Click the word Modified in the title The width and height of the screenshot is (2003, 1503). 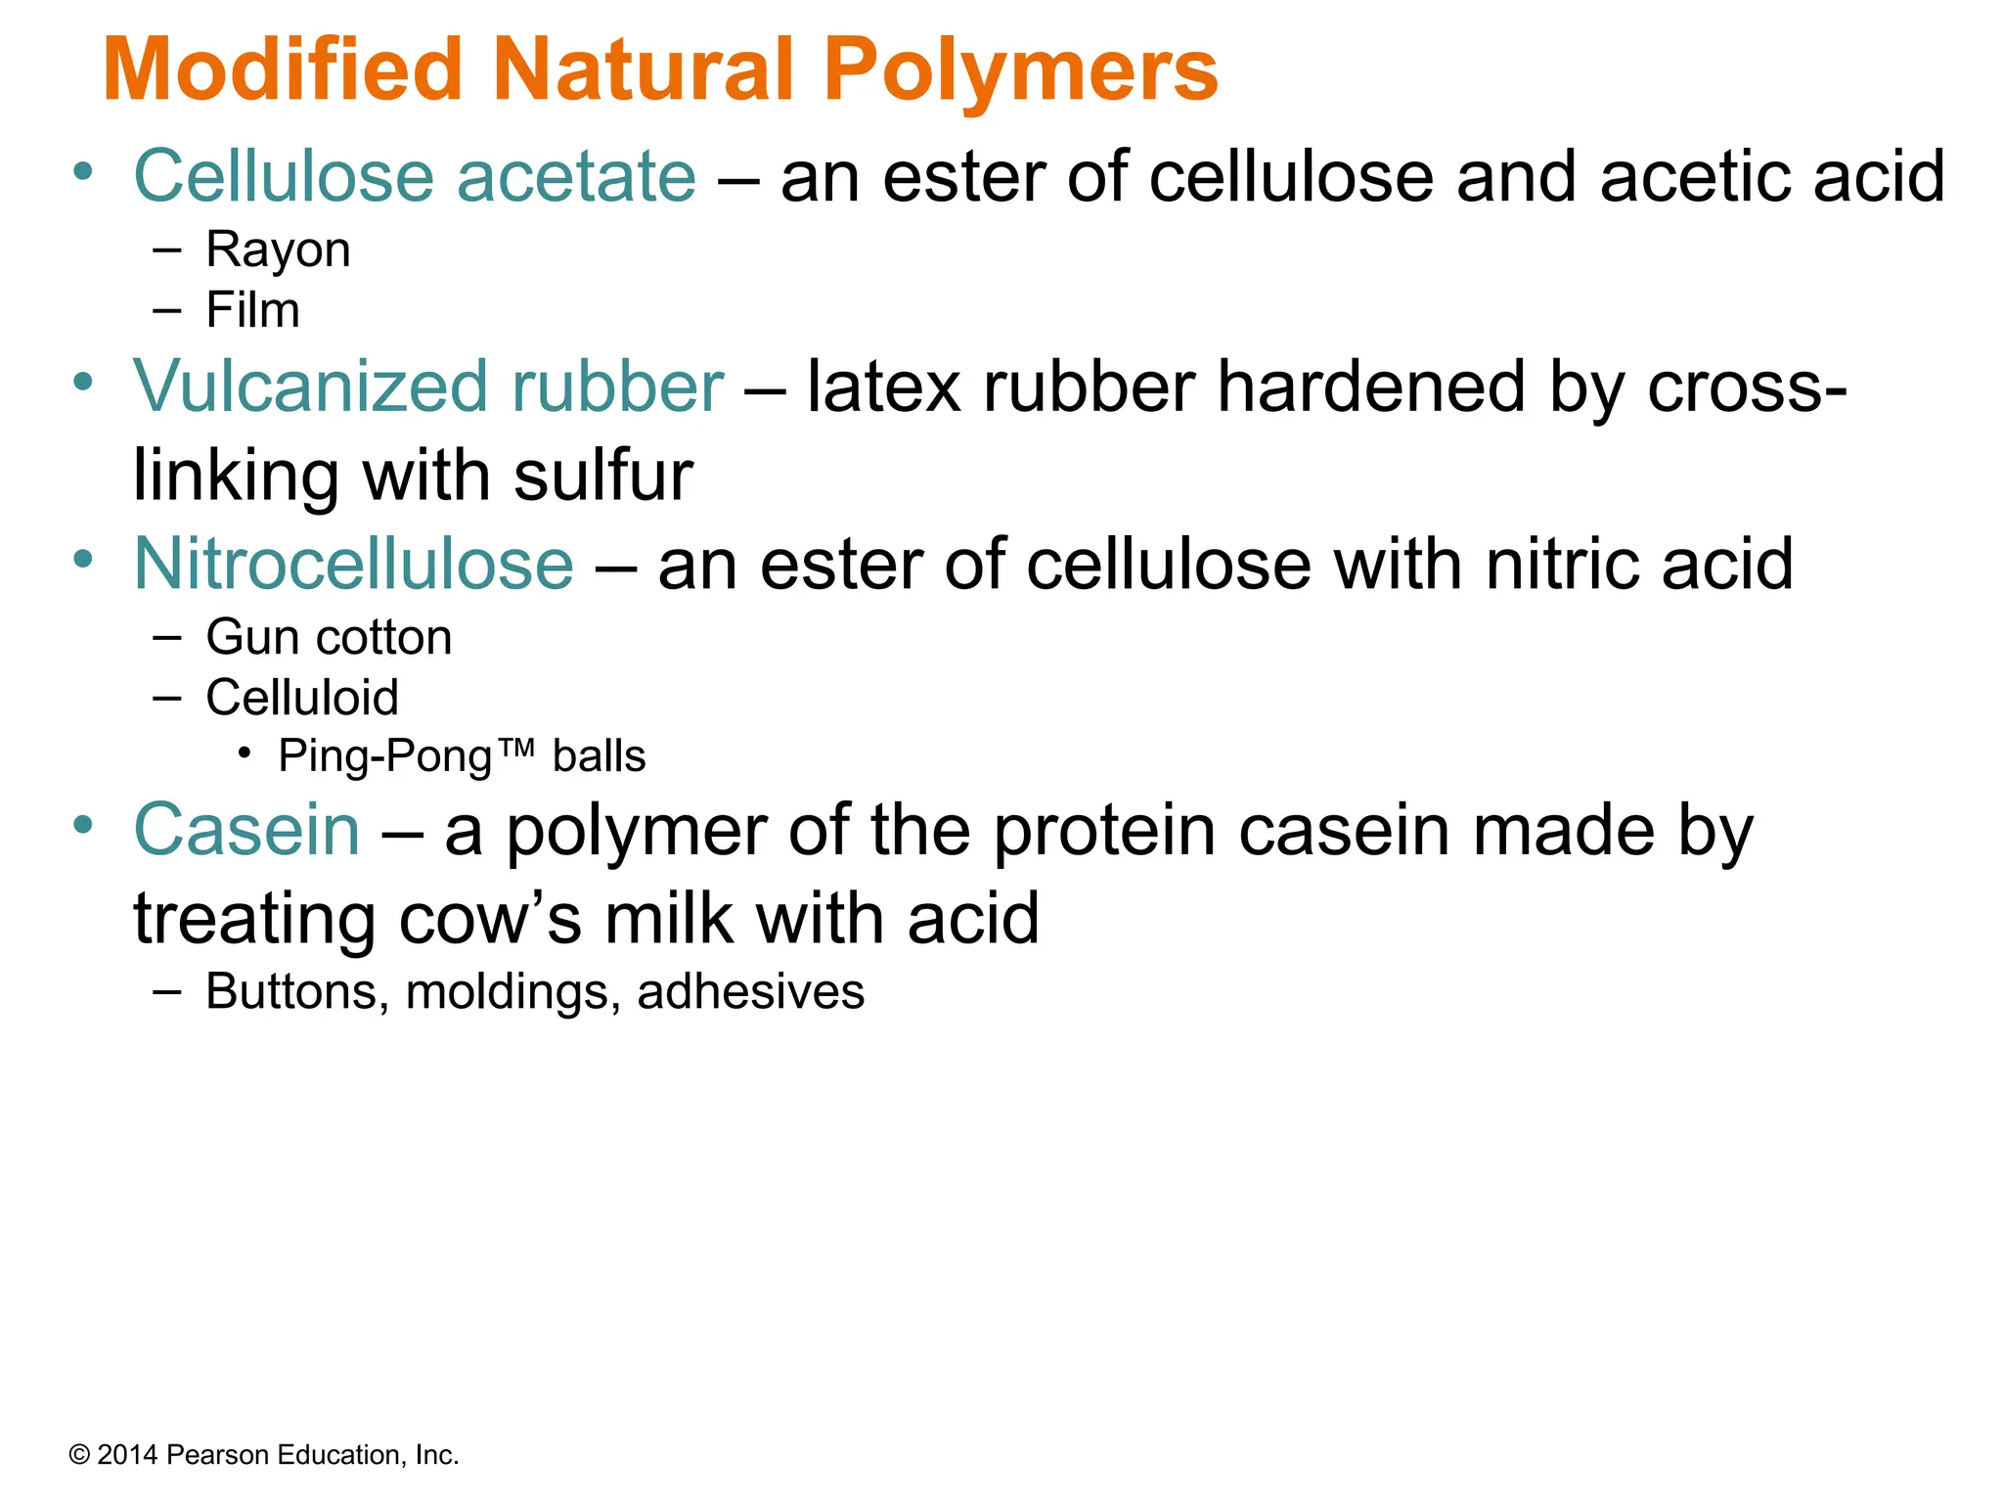click(282, 70)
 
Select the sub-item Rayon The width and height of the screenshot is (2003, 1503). click(278, 250)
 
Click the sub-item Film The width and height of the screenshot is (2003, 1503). click(252, 310)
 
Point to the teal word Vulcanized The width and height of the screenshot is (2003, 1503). click(310, 387)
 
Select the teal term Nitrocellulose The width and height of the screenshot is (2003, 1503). click(353, 565)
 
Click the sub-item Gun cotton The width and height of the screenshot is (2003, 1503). click(329, 638)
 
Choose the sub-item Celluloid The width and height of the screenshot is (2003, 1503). click(302, 698)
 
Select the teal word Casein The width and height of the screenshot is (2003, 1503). click(246, 831)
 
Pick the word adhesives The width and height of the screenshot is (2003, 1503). click(750, 992)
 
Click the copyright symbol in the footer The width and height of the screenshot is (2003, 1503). click(79, 1455)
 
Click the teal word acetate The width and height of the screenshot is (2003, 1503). click(576, 177)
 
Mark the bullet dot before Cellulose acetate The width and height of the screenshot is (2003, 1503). click(84, 172)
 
